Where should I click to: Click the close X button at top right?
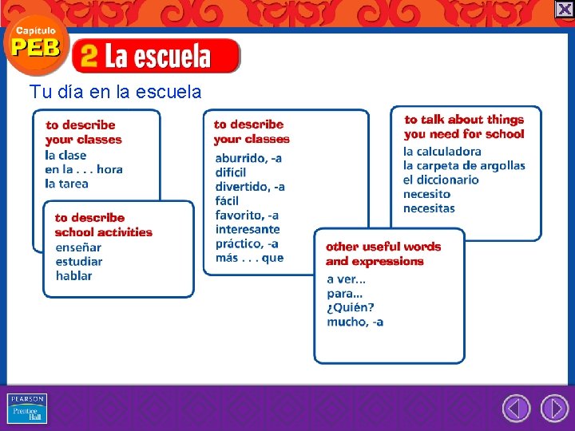565,9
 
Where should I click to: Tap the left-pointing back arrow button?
516,409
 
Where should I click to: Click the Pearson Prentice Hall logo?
27,409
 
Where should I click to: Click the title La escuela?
157,56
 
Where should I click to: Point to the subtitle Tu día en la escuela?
115,92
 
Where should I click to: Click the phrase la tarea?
66,184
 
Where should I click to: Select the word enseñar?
78,247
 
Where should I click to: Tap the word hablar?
73,276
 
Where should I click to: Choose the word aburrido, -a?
248,158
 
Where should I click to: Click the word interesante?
248,230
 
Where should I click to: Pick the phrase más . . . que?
249,258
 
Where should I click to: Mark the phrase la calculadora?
442,152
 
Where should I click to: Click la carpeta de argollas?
464,166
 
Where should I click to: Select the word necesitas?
429,209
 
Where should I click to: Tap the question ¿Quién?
350,307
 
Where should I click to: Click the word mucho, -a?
355,322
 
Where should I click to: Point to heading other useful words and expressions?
383,254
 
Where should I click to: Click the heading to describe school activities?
103,225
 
